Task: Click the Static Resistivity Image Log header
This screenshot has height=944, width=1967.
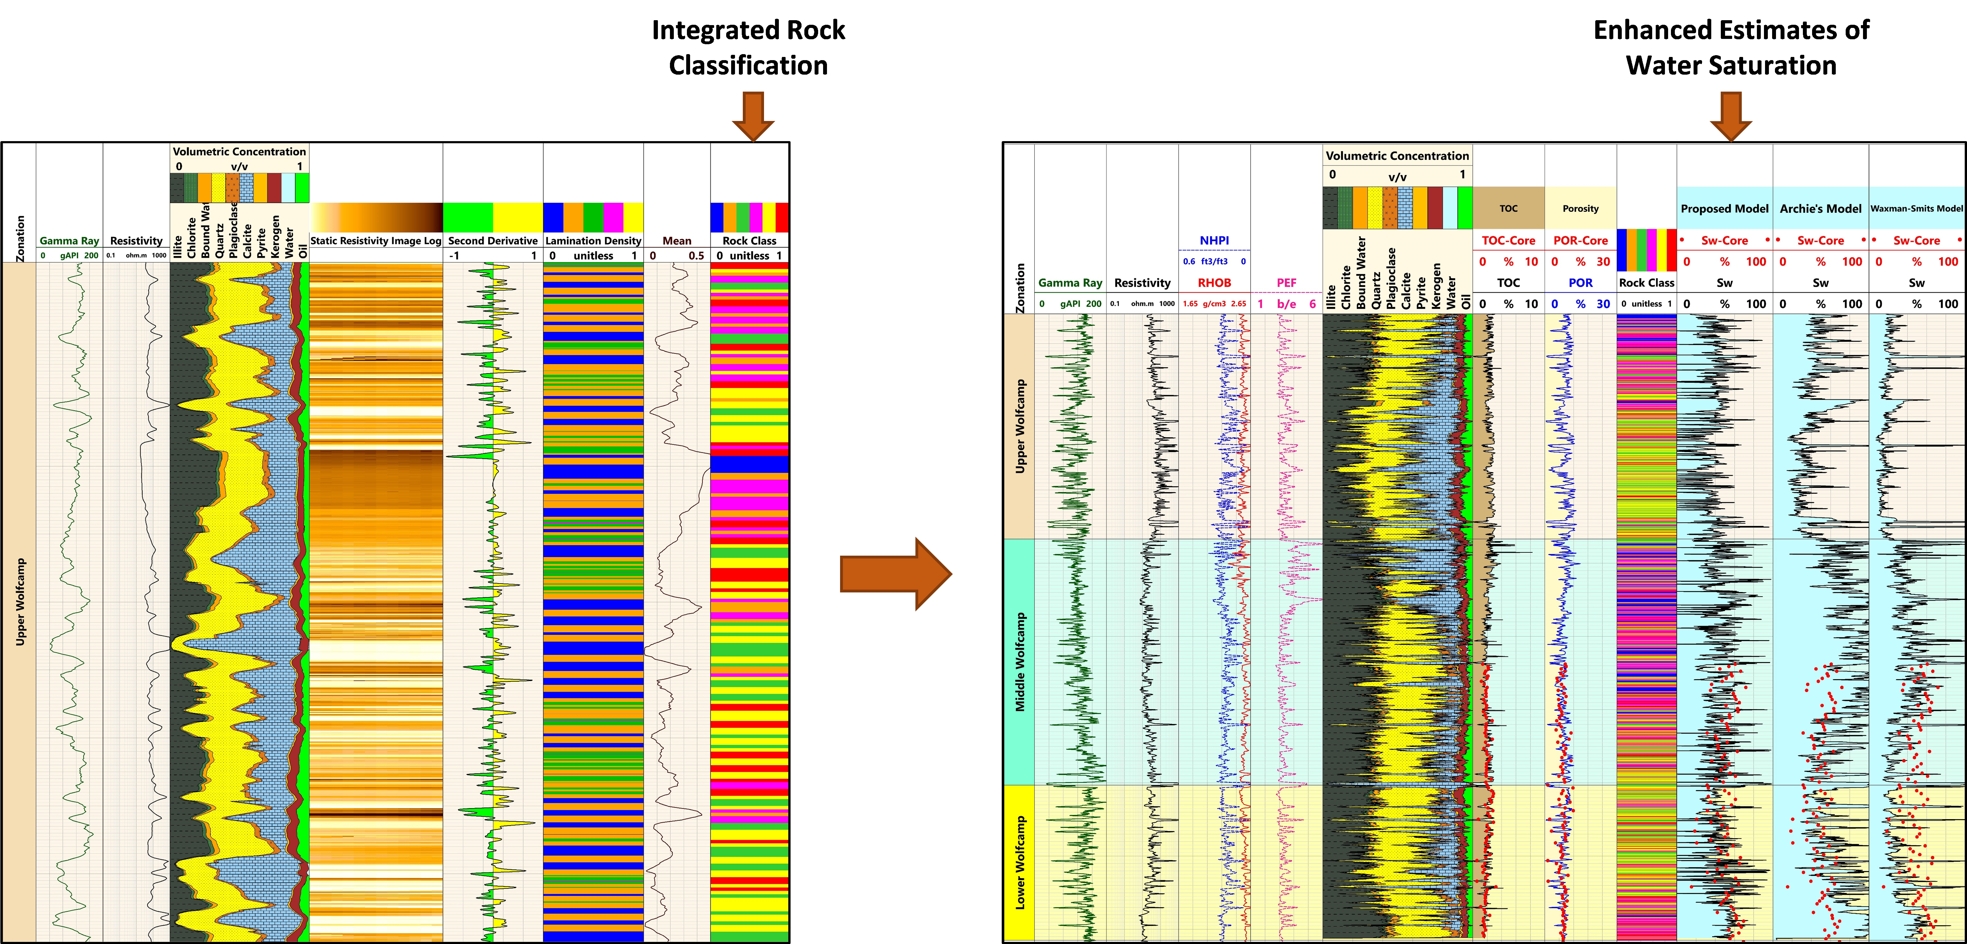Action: (376, 241)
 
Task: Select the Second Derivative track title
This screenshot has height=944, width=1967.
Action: (492, 241)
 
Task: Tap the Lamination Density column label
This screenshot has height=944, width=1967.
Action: (593, 241)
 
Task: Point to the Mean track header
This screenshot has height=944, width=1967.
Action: (677, 241)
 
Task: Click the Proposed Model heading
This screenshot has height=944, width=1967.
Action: (1724, 209)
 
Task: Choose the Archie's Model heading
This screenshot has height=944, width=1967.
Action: (1821, 209)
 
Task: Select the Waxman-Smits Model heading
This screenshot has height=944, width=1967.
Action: (1917, 209)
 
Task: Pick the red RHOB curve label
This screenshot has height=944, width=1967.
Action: (1214, 283)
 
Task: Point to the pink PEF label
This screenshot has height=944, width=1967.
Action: (1287, 283)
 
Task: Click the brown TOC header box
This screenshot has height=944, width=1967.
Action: (1508, 208)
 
